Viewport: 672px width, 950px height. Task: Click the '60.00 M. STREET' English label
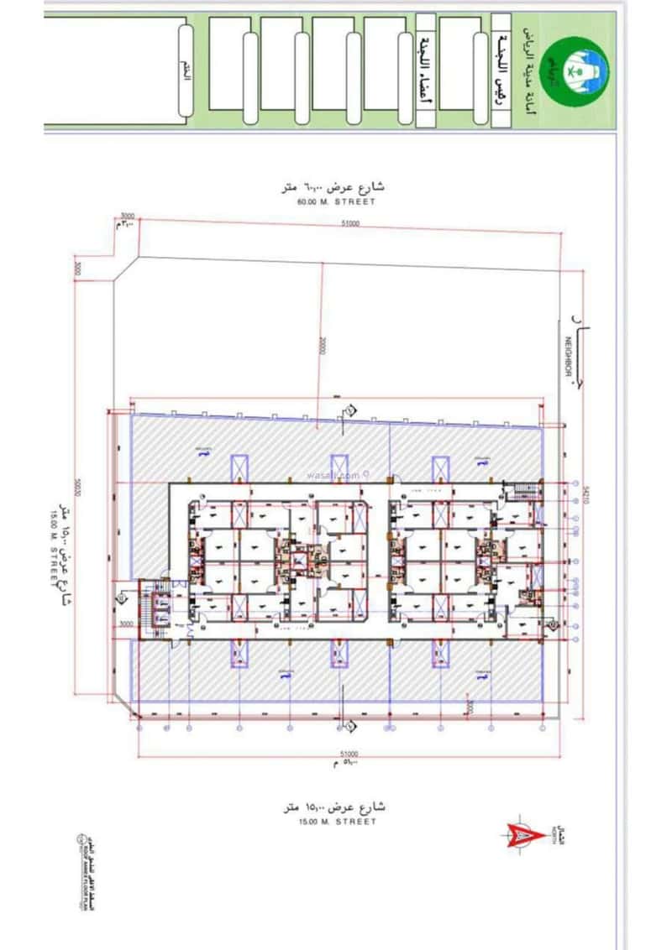click(x=336, y=202)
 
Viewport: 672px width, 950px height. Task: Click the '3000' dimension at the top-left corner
click(x=128, y=216)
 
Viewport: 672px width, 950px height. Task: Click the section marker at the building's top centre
click(x=346, y=411)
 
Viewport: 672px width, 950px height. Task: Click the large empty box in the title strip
click(x=113, y=71)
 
